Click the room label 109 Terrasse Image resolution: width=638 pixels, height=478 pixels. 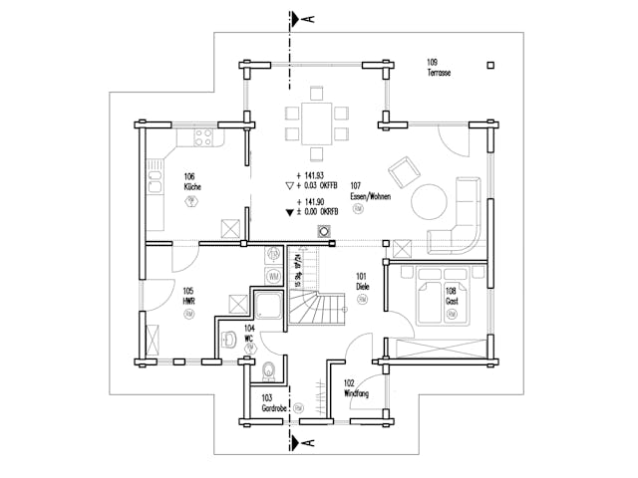coord(436,69)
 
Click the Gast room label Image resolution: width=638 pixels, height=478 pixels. coord(451,295)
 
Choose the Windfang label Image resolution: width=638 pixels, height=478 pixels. coord(357,389)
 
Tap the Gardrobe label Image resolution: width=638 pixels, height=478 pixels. coord(275,403)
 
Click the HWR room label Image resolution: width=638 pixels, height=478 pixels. coord(188,297)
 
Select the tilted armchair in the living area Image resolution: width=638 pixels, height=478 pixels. coord(403,173)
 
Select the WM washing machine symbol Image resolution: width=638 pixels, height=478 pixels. coord(273,275)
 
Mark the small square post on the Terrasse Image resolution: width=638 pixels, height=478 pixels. coord(490,68)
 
